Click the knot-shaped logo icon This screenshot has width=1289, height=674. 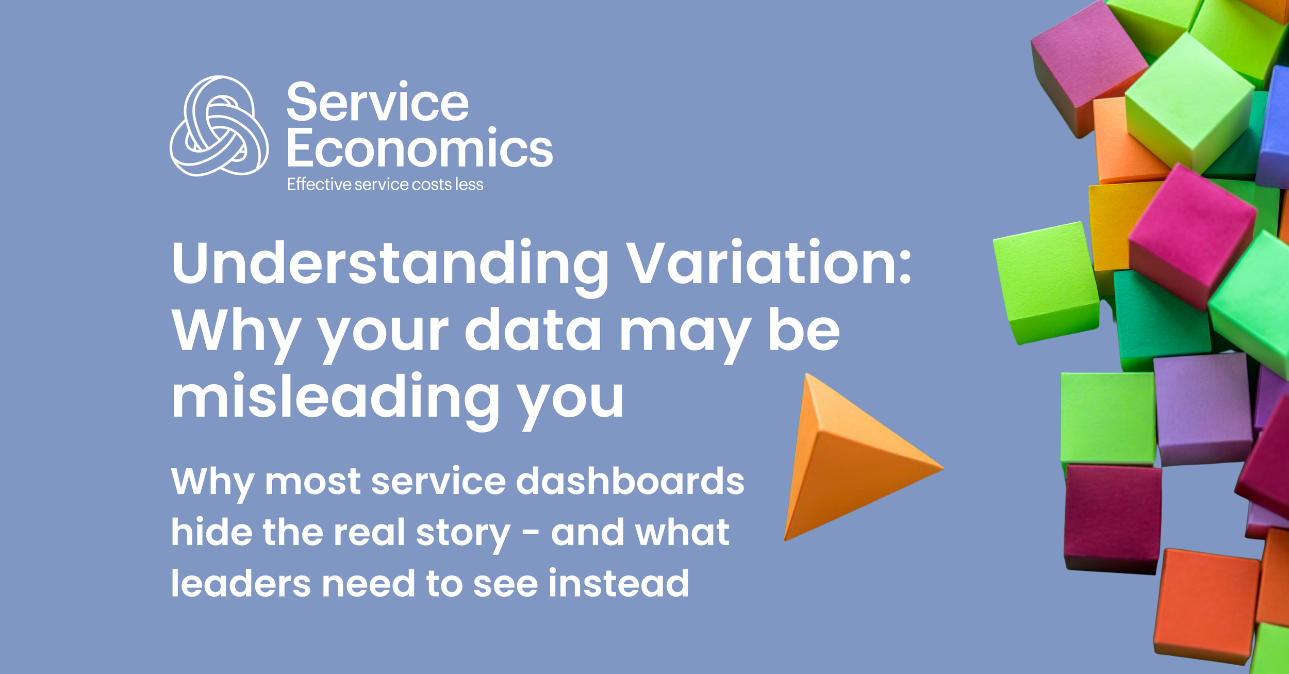coord(219,126)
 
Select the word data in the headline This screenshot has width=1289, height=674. coord(533,330)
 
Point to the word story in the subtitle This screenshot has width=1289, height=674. coord(463,534)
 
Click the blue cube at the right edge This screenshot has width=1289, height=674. coord(1274,129)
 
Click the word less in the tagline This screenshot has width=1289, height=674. coord(469,184)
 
